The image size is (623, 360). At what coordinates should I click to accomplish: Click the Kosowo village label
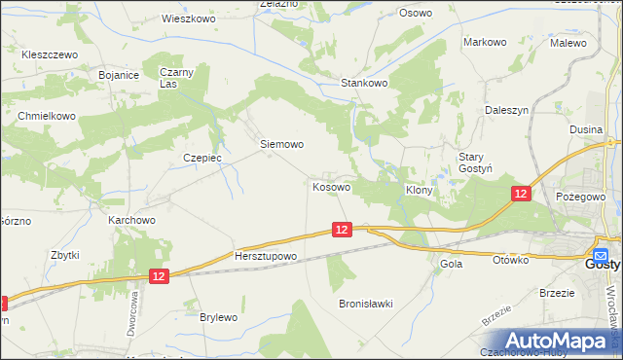(331, 186)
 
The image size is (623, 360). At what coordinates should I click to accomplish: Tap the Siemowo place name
(282, 144)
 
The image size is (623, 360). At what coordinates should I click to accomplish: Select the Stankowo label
(364, 84)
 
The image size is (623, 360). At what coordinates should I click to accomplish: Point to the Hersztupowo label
(265, 256)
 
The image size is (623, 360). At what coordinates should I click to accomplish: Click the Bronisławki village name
(365, 304)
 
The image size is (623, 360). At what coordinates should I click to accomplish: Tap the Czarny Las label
(177, 78)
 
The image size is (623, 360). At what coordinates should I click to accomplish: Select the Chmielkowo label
(47, 116)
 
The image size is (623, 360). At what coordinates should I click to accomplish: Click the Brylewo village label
(218, 317)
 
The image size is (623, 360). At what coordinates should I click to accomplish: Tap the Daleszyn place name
(506, 111)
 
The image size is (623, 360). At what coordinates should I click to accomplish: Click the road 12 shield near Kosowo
(340, 230)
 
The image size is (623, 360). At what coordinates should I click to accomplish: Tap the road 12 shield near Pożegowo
(521, 195)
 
